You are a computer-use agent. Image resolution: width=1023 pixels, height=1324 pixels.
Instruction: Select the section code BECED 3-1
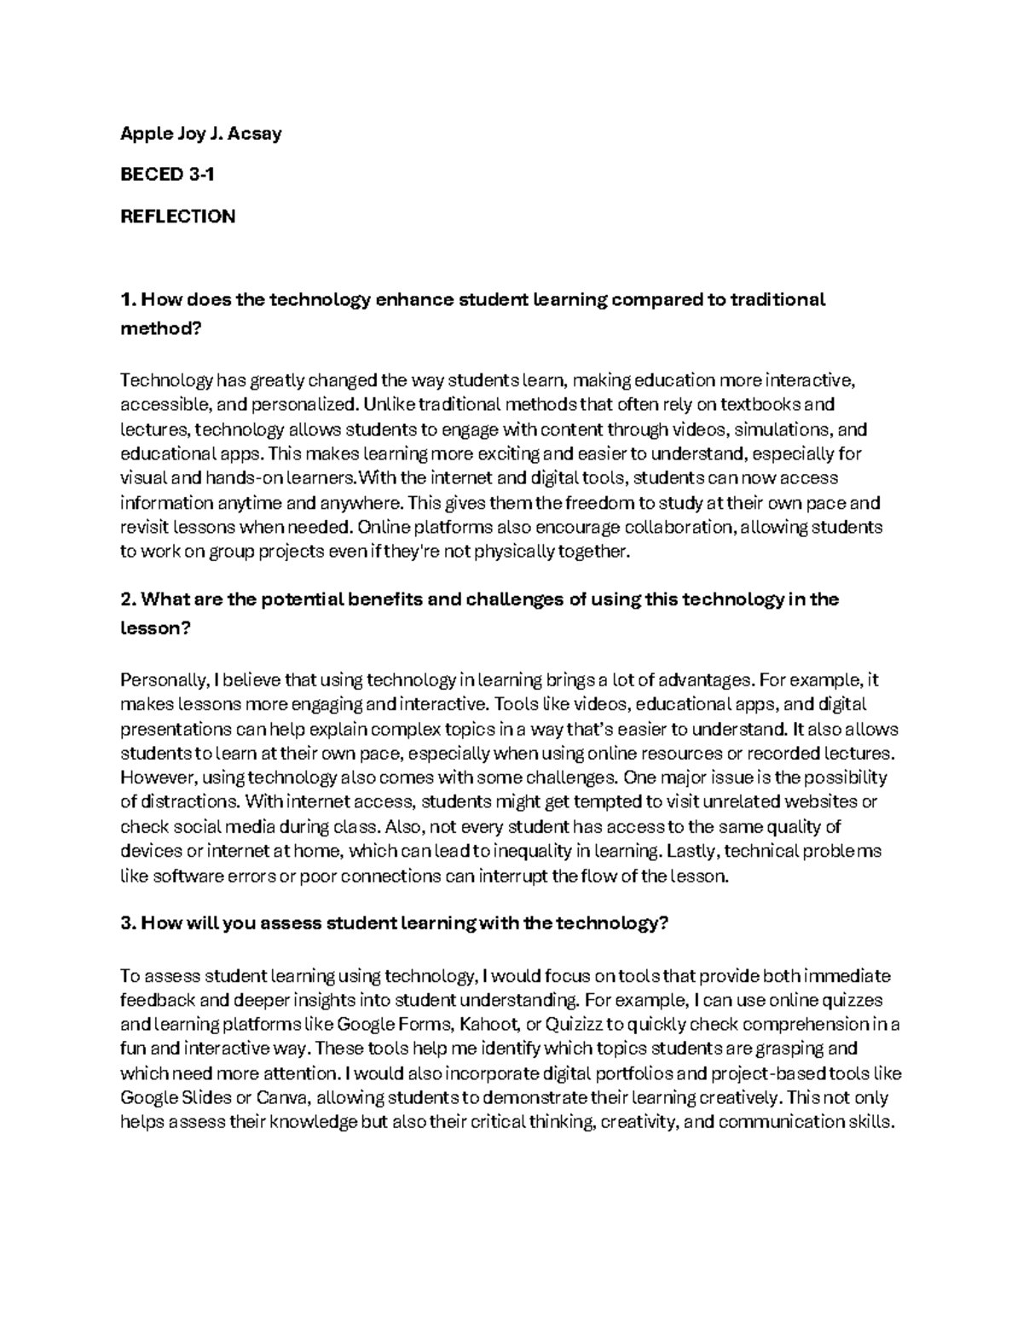coord(167,175)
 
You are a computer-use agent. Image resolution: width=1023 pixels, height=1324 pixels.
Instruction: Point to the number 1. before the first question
coord(128,300)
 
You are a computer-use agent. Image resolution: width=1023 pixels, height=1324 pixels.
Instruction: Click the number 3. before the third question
coord(128,925)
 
